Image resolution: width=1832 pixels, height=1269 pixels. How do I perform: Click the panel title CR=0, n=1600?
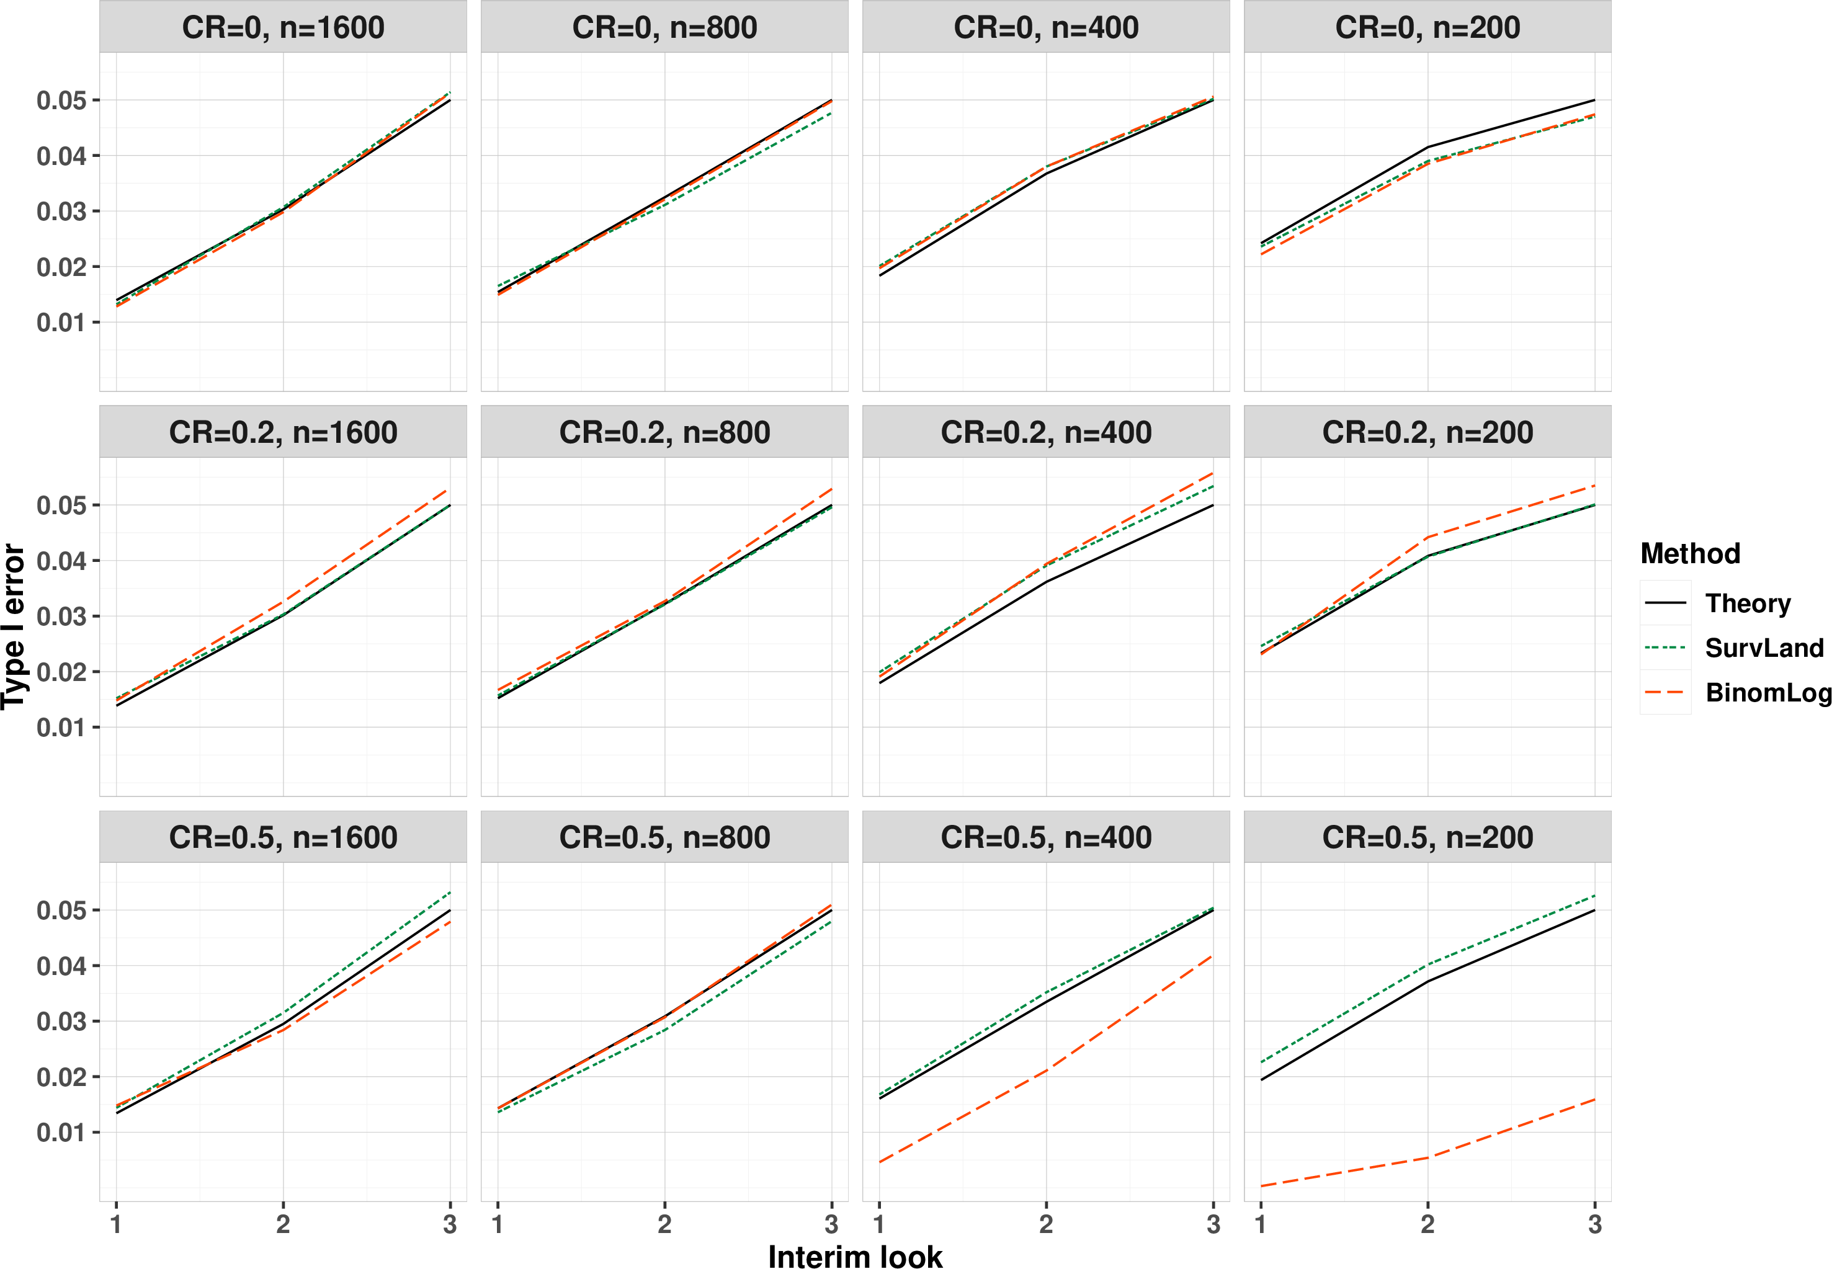point(283,28)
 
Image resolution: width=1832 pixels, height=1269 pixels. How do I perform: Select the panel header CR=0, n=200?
point(1428,28)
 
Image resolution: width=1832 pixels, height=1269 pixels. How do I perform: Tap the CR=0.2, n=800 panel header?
point(664,432)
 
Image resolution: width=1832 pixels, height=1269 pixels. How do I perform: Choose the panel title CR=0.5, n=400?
point(1045,837)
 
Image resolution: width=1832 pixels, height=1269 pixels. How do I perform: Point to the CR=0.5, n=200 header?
point(1428,837)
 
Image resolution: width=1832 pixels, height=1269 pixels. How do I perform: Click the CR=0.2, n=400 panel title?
point(1045,432)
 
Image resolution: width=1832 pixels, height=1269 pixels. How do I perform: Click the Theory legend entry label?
point(1748,603)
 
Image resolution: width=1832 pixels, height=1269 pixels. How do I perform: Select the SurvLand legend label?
point(1764,648)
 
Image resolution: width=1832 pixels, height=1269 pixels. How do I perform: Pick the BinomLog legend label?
point(1768,693)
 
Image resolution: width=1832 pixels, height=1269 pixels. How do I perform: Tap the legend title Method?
point(1691,553)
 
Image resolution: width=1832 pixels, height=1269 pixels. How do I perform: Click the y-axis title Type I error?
point(14,626)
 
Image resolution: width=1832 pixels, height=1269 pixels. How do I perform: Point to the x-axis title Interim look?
point(855,1255)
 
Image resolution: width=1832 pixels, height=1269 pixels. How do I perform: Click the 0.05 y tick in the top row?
point(61,101)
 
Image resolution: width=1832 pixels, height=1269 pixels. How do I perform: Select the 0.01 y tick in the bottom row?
point(61,1133)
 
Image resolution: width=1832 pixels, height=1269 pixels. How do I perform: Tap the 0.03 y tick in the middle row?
point(61,617)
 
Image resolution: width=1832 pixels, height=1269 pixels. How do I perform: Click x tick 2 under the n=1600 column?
point(283,1224)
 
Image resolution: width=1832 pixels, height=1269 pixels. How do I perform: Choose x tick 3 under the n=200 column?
point(1594,1224)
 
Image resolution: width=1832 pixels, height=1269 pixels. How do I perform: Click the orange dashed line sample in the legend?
point(1665,693)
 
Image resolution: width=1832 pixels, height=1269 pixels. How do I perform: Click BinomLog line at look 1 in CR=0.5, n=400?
point(880,1162)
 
